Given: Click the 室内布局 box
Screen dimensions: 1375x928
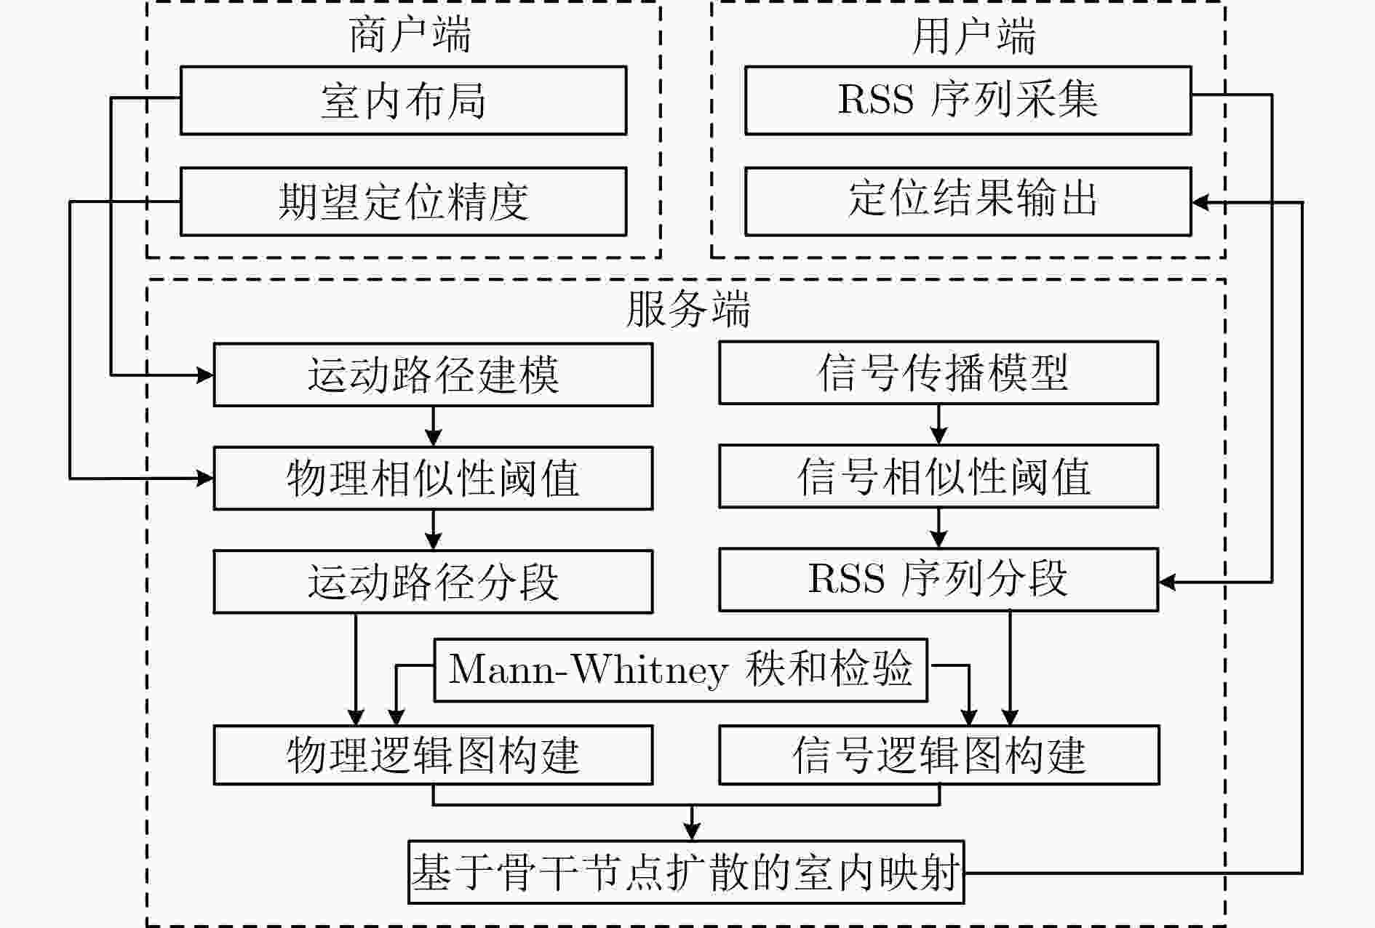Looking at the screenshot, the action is (403, 100).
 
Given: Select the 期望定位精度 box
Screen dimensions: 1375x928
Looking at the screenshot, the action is (403, 201).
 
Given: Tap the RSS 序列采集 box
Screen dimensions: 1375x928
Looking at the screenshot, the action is (968, 100).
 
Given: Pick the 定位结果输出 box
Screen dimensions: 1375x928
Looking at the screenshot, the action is (968, 201).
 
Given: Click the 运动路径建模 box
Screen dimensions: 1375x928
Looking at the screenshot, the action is (433, 375).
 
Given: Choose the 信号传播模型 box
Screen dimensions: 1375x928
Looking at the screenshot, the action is (938, 372).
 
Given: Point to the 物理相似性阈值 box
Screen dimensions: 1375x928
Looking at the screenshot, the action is (433, 478).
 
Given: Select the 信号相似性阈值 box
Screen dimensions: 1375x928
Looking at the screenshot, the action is (938, 476).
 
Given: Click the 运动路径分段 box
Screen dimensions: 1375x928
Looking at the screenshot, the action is (433, 581).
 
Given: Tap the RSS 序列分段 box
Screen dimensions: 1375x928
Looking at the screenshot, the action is (938, 579).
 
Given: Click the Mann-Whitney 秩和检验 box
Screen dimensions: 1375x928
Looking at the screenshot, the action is (680, 670).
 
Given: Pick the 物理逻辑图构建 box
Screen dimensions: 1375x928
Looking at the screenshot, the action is (433, 754).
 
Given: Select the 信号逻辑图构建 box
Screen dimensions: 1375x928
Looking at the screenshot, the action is (938, 754).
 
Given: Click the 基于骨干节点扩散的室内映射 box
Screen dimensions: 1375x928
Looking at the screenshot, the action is (686, 872).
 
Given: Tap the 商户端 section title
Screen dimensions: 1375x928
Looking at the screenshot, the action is (410, 34).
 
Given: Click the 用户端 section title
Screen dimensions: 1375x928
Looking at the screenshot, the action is (973, 36).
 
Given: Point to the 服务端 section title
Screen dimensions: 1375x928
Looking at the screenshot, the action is (687, 309).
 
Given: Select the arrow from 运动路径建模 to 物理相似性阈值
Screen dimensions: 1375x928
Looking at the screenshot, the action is (433, 426).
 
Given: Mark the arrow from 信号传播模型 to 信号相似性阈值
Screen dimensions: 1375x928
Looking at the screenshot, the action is (938, 424).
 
